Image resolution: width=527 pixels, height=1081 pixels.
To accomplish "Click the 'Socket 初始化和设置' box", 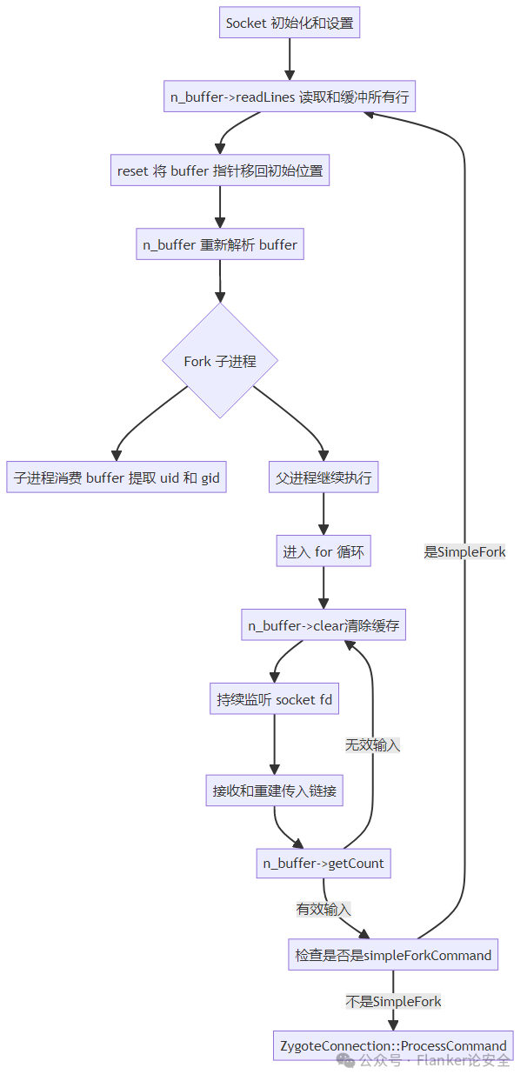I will click(x=290, y=23).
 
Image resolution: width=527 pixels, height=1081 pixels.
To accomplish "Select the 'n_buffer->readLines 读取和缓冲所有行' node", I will click(x=290, y=97).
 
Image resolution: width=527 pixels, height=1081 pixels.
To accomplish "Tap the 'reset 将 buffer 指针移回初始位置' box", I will click(x=220, y=170).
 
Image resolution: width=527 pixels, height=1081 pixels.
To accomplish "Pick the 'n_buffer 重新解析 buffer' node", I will click(x=220, y=244).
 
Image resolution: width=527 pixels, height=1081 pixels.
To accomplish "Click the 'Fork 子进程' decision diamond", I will click(x=220, y=361).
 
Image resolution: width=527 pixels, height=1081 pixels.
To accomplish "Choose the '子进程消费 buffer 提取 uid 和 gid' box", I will click(x=117, y=477).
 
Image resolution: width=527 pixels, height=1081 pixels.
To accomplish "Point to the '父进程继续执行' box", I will click(x=324, y=477).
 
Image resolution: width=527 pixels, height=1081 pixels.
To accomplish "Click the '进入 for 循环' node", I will click(x=324, y=551).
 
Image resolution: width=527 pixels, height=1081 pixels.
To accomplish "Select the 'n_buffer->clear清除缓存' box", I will click(x=324, y=625).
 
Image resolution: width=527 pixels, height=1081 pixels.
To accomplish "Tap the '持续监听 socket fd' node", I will click(x=275, y=699).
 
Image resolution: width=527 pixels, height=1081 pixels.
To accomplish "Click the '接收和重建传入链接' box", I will click(x=275, y=791).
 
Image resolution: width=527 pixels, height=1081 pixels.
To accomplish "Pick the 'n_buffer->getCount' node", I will click(x=324, y=864).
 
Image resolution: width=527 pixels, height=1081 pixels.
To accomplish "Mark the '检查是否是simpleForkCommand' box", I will click(x=393, y=955).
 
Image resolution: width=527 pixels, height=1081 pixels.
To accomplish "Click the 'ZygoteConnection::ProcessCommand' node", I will click(x=393, y=1045).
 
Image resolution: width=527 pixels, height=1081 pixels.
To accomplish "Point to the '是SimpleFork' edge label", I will click(x=464, y=551).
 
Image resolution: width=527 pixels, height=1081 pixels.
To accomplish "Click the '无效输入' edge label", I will click(x=372, y=744).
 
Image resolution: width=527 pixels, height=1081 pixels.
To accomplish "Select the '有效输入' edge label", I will click(x=324, y=909).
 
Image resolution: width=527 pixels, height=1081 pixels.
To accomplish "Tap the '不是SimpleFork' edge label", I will click(x=393, y=1001).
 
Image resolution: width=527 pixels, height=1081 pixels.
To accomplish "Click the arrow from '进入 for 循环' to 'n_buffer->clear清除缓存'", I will click(x=324, y=588).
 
